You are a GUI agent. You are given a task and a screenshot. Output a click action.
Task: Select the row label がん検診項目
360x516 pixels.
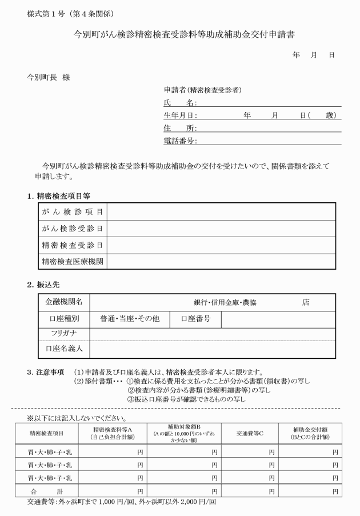pyautogui.click(x=72, y=212)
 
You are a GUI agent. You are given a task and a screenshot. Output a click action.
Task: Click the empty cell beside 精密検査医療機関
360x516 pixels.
pyautogui.click(x=221, y=262)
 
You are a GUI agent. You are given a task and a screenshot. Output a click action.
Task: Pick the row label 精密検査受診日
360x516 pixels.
pyautogui.click(x=72, y=245)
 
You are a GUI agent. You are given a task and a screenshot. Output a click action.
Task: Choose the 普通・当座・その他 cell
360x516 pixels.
pyautogui.click(x=129, y=319)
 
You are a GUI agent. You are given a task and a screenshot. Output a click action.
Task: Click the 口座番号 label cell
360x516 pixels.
pyautogui.click(x=196, y=319)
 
